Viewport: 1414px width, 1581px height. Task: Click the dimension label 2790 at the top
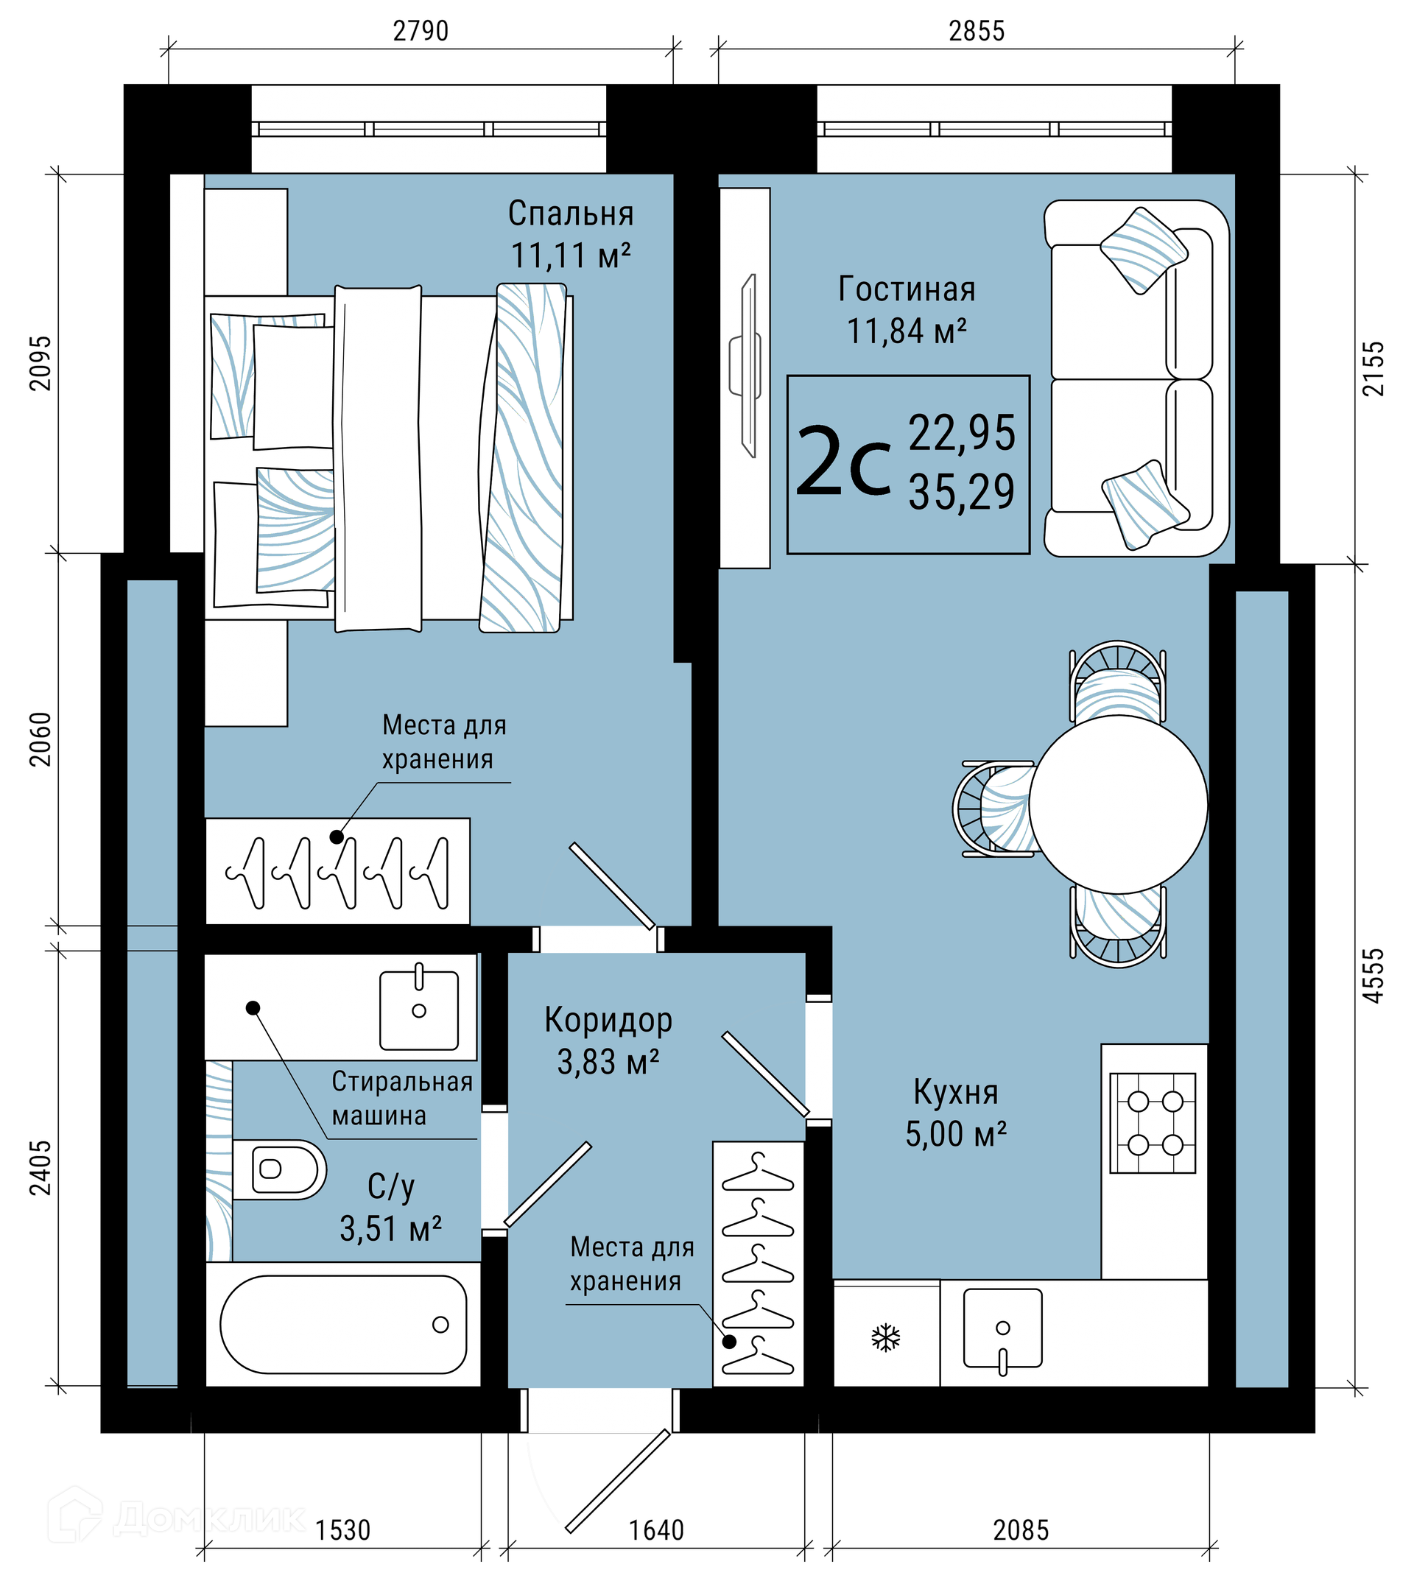click(421, 30)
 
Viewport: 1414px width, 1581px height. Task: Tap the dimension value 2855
click(977, 30)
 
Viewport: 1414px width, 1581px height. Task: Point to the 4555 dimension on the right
click(1373, 975)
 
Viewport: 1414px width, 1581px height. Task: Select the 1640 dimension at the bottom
click(656, 1529)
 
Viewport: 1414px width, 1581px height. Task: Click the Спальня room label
click(570, 214)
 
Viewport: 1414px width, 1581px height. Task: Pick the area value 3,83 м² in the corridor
click(608, 1062)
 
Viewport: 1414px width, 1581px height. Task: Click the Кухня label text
click(956, 1092)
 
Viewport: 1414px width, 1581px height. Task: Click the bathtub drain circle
click(440, 1325)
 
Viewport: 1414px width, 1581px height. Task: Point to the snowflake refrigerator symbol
click(886, 1338)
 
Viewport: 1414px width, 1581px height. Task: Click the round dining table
click(1118, 804)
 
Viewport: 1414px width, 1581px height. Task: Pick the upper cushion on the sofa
click(1144, 250)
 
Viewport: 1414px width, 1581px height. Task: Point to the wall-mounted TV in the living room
click(745, 365)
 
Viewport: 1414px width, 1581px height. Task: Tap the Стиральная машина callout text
click(402, 1098)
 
